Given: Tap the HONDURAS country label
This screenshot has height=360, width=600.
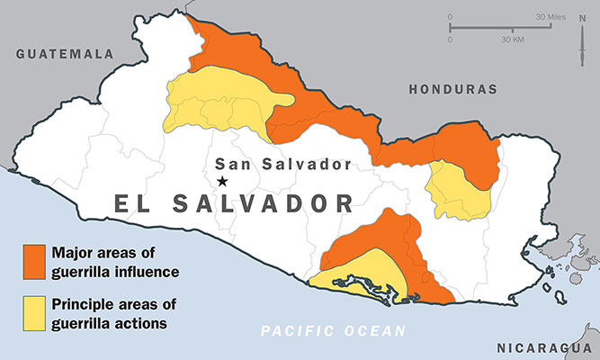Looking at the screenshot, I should click(452, 90).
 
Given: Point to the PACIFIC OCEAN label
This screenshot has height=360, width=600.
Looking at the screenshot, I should click(333, 331).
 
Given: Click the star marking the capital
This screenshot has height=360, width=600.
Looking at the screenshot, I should click(222, 181).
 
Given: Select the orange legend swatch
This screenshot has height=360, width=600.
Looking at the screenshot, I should click(34, 259).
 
